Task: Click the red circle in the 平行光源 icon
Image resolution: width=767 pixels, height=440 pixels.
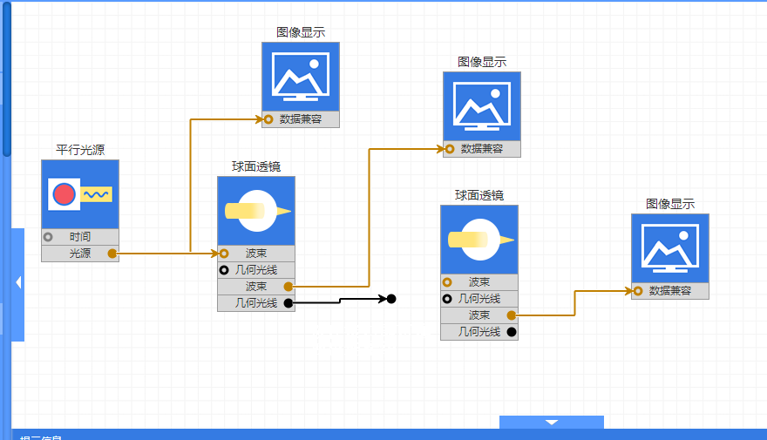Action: pos(63,194)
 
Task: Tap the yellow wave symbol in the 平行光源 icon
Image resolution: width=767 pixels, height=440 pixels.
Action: pos(97,194)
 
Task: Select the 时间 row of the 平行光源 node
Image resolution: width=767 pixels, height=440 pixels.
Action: pos(80,237)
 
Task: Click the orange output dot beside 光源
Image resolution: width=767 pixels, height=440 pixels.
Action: pos(112,254)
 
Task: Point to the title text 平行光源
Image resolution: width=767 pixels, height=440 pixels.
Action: pos(80,149)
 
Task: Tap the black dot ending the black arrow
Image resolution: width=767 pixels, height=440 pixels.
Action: pos(391,299)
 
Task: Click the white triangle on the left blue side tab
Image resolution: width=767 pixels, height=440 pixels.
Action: pos(18,282)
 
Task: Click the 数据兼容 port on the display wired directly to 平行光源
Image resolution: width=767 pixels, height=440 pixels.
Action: pos(269,119)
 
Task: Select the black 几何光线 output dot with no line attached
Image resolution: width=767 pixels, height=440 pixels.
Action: pos(512,332)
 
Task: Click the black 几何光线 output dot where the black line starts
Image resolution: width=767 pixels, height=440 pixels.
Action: pos(288,303)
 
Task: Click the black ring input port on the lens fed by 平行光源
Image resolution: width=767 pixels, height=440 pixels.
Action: pos(224,270)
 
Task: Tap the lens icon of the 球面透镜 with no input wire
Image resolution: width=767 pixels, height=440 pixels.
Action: pos(479,240)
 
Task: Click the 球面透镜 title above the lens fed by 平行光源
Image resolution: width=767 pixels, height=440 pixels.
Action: pos(255,166)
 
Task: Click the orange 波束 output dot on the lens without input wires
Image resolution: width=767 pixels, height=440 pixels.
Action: pos(512,315)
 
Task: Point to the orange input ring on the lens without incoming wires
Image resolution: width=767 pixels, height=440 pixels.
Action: pos(447,282)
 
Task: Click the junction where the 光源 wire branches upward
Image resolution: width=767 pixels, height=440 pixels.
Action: pos(190,254)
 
